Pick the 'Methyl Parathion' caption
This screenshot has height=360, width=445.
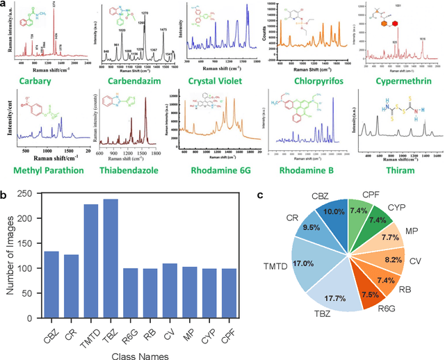click(49, 170)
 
